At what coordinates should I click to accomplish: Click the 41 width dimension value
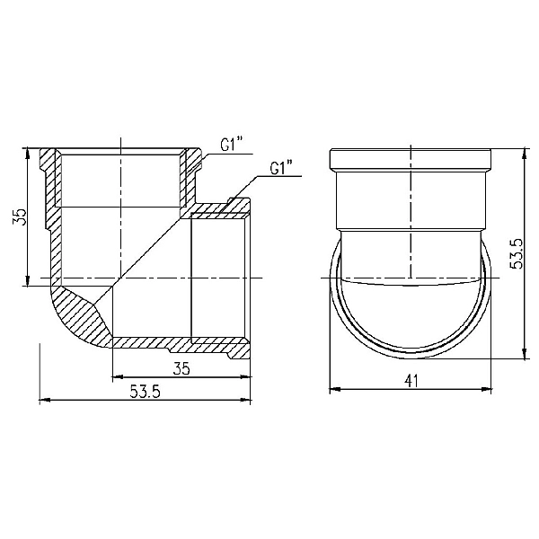tap(411, 381)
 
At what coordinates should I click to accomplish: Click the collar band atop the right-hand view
tap(411, 159)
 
